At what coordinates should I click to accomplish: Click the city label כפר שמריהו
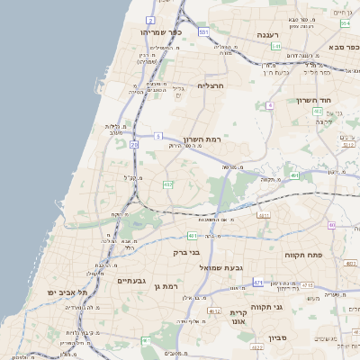coord(162,31)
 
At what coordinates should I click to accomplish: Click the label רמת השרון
coord(226,139)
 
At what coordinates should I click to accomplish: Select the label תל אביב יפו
coord(68,293)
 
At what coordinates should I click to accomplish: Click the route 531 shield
coord(204,31)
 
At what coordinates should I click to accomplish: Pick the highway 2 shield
coord(150,20)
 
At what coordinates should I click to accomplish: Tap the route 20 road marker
coord(134,144)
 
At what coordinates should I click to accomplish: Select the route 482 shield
coord(168,184)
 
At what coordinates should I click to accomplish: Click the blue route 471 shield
coord(258,282)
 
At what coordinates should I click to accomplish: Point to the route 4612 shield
coord(214,310)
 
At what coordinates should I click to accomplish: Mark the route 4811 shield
coord(264,216)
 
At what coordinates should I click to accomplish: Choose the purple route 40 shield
coord(331,225)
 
